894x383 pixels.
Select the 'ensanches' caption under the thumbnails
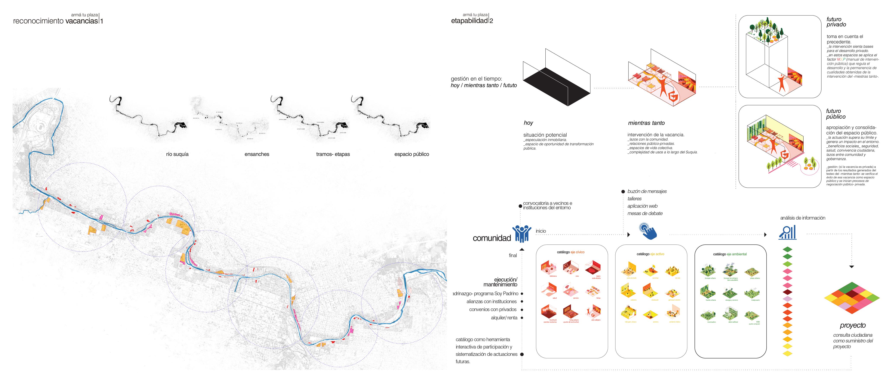[257, 154]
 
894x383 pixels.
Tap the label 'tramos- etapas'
[333, 154]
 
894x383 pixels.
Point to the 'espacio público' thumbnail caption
[412, 154]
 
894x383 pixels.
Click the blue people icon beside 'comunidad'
[522, 234]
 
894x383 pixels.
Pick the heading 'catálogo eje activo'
[650, 254]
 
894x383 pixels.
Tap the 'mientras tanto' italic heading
[646, 123]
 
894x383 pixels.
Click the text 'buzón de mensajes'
[647, 191]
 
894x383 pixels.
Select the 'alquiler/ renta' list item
[504, 318]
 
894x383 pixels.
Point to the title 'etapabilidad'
[469, 21]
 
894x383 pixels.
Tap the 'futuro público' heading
[836, 114]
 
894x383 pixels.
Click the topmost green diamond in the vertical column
[788, 249]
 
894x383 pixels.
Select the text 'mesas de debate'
[645, 213]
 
